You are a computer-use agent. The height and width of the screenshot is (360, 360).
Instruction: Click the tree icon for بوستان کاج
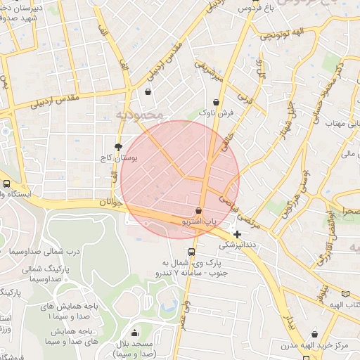pos(127,148)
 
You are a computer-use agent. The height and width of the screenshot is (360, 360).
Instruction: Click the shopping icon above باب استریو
pos(199,210)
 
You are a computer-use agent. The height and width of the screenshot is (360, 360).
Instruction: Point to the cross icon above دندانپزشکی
pos(238,234)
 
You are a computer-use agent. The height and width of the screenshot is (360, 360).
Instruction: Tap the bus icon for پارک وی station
pos(191,252)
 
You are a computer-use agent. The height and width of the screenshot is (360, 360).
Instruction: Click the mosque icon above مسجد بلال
pos(134,333)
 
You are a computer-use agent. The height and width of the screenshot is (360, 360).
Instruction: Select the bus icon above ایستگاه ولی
pos(6,184)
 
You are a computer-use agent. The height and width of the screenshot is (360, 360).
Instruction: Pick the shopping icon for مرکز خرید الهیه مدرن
pos(314,334)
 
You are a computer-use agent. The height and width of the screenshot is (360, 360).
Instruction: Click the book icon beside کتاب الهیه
pos(345,294)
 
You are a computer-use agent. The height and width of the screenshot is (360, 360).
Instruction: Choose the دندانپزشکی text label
pos(239,246)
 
